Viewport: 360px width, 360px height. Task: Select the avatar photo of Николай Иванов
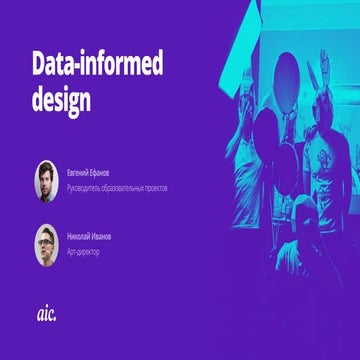coord(47,242)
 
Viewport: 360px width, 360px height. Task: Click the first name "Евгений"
coord(80,171)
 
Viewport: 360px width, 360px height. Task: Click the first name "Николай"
coord(80,236)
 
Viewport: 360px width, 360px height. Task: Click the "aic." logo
coord(47,314)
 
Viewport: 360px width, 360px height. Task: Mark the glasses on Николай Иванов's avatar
coord(47,240)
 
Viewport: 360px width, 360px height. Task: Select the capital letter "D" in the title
coord(40,68)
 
